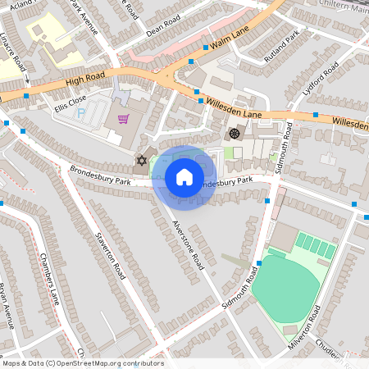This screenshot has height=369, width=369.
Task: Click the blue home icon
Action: pos(184,176)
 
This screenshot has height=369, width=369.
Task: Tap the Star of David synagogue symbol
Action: pos(140,161)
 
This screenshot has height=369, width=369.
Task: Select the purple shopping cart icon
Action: pos(123,119)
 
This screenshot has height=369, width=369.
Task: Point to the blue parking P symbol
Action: pos(81,113)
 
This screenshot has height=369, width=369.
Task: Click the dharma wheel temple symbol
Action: pos(235,133)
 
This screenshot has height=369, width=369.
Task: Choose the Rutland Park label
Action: pos(283,47)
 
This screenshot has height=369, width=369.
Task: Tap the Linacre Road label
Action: pos(12,51)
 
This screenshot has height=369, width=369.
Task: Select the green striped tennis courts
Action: pos(315,245)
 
